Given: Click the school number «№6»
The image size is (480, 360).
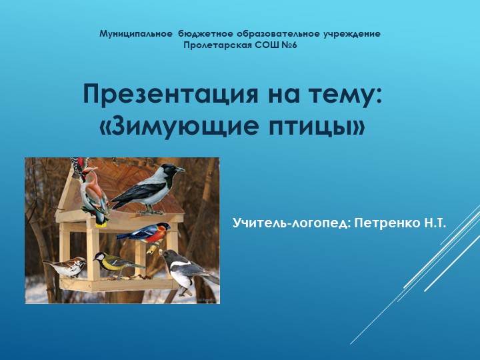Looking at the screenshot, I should (289, 45).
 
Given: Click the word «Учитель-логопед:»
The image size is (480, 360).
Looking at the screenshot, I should (291, 219).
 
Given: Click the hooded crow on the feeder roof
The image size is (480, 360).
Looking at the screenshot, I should (148, 188).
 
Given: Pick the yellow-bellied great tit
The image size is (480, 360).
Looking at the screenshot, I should (115, 263).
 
